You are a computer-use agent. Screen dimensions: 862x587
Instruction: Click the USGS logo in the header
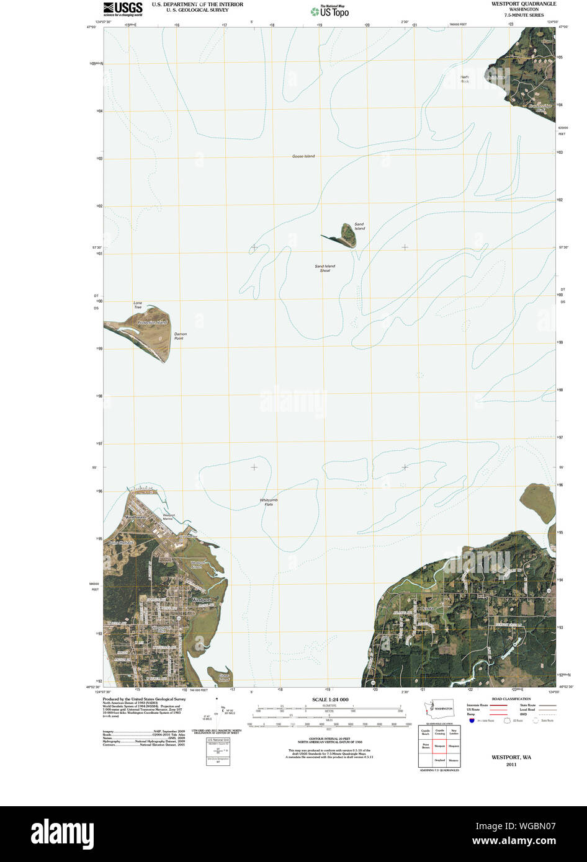pyautogui.click(x=122, y=8)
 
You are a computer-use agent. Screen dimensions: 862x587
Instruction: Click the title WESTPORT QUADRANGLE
pyautogui.click(x=524, y=4)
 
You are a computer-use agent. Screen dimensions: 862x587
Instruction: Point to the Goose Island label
pyautogui.click(x=303, y=156)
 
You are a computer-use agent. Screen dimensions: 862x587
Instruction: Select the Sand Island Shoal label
pyautogui.click(x=325, y=269)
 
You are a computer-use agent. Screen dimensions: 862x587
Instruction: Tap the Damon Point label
pyautogui.click(x=180, y=336)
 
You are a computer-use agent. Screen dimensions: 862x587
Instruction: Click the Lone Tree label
pyautogui.click(x=138, y=305)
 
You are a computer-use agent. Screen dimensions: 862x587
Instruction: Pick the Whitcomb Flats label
pyautogui.click(x=269, y=502)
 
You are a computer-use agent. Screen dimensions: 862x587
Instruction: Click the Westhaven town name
pyautogui.click(x=135, y=517)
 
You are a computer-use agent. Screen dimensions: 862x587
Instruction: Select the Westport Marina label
pyautogui.click(x=169, y=517)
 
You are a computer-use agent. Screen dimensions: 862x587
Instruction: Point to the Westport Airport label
pyautogui.click(x=197, y=564)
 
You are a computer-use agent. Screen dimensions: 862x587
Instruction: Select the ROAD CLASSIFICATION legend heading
pyautogui.click(x=511, y=699)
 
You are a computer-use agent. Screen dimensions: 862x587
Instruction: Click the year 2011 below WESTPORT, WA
pyautogui.click(x=511, y=765)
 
